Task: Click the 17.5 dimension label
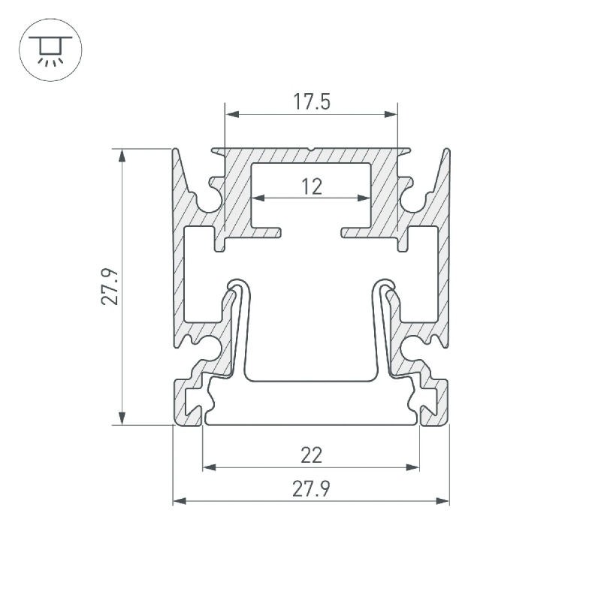click(312, 102)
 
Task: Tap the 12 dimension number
click(312, 187)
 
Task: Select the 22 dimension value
click(311, 456)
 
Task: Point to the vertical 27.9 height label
click(110, 286)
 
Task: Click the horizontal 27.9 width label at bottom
click(311, 489)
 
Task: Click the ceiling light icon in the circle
click(50, 50)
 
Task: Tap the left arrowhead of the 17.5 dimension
click(232, 114)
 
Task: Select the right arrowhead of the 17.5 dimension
click(391, 114)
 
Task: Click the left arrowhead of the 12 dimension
click(258, 198)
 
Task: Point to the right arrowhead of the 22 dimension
click(412, 467)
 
